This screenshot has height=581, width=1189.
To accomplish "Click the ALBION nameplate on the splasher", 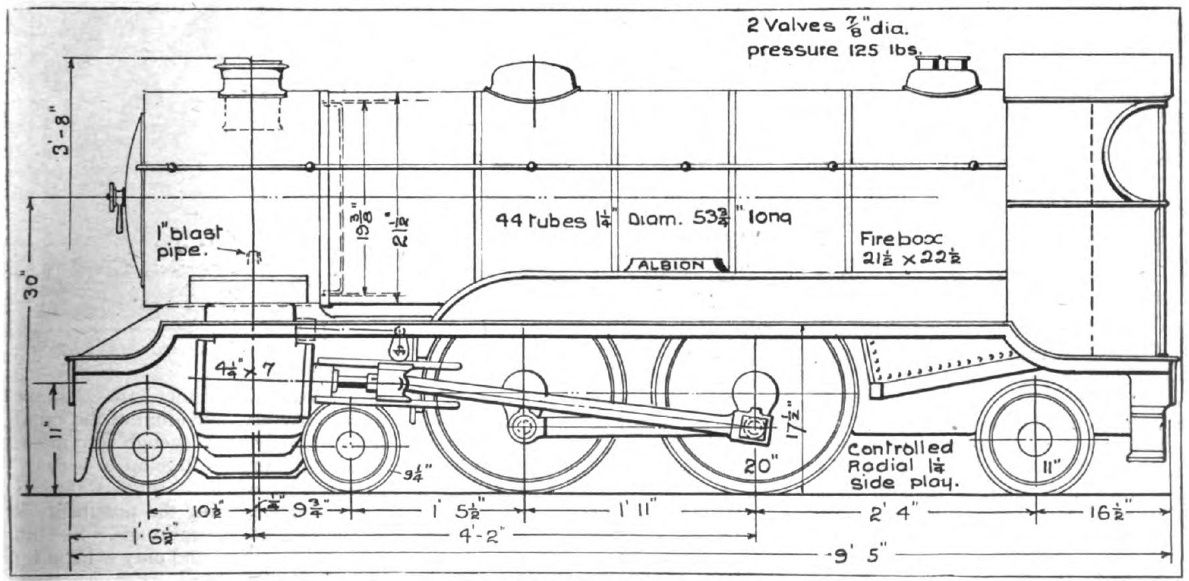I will click(x=671, y=265).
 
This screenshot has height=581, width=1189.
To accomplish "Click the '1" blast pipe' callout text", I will click(x=189, y=242).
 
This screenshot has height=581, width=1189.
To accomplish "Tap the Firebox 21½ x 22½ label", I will click(x=909, y=248).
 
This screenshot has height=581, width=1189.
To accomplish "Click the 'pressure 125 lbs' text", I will click(x=834, y=49).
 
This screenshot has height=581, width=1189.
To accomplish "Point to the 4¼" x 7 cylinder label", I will click(x=244, y=368).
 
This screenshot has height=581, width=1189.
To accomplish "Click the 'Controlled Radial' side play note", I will click(x=901, y=465).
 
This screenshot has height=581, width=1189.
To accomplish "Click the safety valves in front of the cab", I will click(x=943, y=74).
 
